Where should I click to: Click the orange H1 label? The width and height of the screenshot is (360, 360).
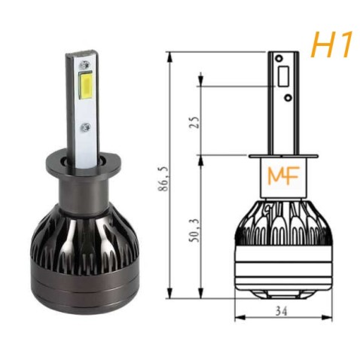(x=331, y=45)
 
